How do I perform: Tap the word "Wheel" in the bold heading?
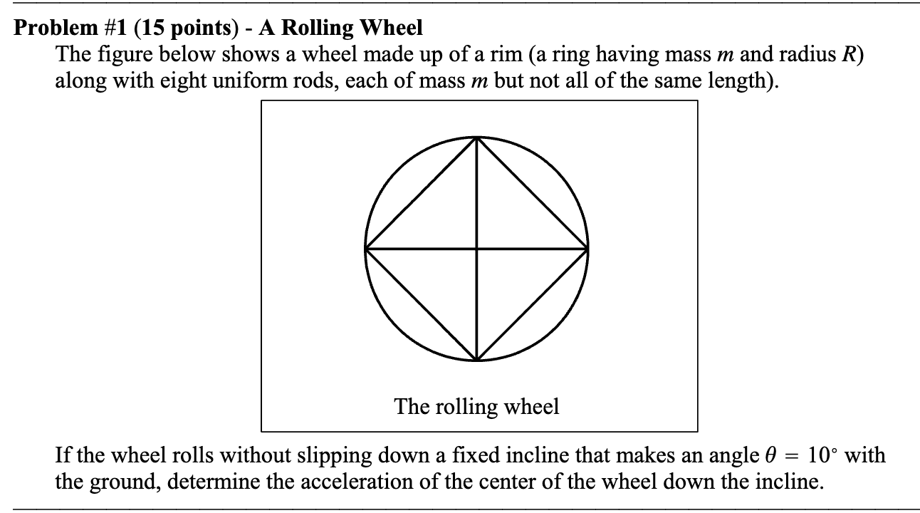[391, 28]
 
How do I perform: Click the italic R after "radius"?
[851, 55]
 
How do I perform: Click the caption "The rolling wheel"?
[477, 406]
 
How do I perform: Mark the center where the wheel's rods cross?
[477, 249]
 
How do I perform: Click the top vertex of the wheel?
[477, 138]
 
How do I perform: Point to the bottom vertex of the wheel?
[477, 360]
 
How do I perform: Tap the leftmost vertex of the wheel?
[366, 249]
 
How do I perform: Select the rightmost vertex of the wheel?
[588, 249]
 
